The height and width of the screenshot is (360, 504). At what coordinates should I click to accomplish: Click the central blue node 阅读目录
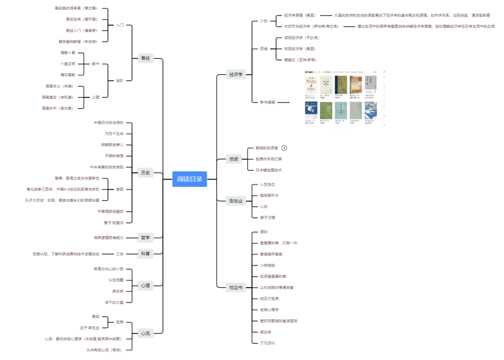189,179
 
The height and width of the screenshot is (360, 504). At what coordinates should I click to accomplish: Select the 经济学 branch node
236,74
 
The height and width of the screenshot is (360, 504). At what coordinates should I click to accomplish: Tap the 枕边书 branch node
236,287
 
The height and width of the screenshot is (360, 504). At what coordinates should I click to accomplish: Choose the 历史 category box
145,173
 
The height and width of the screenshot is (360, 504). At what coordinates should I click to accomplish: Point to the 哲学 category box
145,237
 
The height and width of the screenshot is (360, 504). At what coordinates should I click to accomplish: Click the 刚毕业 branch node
236,201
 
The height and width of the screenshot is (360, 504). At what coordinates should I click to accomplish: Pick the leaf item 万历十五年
114,134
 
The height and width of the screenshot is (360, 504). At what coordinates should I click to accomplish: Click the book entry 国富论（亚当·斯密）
300,60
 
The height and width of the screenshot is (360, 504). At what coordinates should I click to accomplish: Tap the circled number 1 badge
284,148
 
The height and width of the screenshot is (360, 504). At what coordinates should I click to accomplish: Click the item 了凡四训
267,343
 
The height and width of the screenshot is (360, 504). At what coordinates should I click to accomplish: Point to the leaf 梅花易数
68,75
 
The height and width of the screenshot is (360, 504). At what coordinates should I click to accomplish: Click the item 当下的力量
114,302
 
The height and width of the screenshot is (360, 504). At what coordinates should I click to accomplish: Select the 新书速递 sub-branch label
267,102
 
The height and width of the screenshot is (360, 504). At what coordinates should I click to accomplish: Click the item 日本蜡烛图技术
268,170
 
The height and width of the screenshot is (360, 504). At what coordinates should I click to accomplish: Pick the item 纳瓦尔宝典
269,298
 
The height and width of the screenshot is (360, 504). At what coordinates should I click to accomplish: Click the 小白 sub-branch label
264,21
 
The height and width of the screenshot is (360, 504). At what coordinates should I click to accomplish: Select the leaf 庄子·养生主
90,328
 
